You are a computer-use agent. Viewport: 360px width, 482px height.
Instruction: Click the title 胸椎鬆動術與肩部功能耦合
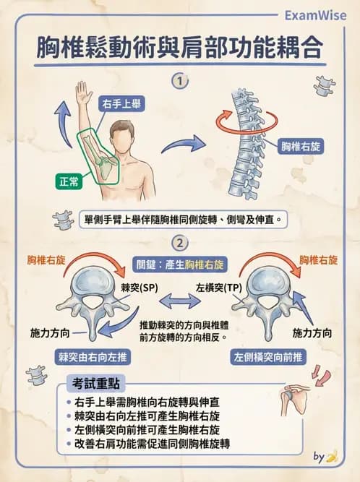tap(179, 48)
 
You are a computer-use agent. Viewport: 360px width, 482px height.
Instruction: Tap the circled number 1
tap(179, 81)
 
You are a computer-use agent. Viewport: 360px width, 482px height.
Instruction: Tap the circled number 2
tap(179, 242)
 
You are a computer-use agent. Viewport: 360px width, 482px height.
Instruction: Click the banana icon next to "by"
tap(332, 456)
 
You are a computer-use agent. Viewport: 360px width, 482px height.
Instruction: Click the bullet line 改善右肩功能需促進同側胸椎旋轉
tap(152, 444)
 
